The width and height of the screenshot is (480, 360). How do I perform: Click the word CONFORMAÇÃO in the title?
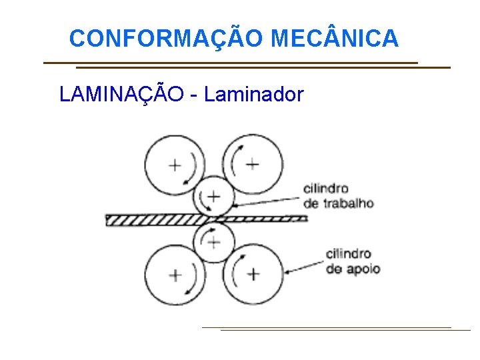click(x=167, y=39)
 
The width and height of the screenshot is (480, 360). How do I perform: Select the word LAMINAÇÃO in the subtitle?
click(x=121, y=95)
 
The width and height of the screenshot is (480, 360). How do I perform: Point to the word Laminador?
click(x=254, y=95)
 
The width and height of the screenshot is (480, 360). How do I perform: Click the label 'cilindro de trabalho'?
click(x=337, y=196)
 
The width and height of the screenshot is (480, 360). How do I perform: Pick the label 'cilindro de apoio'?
click(x=353, y=261)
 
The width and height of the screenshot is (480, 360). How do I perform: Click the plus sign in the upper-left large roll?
click(x=175, y=165)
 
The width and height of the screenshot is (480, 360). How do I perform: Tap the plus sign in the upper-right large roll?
click(x=252, y=164)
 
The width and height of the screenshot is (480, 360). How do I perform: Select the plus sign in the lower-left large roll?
click(x=175, y=274)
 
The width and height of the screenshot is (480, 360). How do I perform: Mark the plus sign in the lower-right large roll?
click(x=253, y=273)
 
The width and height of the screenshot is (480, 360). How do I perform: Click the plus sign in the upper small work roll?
click(x=213, y=196)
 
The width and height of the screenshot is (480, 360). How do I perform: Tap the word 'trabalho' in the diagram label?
click(x=348, y=203)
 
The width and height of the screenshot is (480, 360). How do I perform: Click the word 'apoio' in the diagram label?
click(x=363, y=269)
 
